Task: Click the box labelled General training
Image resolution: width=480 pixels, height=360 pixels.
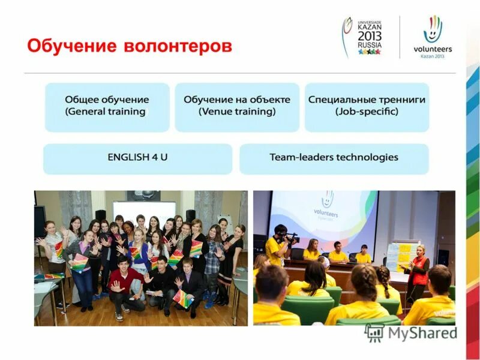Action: tap(107, 106)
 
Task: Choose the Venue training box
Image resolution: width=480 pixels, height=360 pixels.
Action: tap(237, 106)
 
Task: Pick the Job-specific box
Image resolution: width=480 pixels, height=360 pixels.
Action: tap(367, 106)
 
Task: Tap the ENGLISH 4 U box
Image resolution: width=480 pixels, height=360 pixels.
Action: tap(137, 158)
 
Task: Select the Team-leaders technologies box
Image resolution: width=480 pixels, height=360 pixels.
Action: tap(334, 158)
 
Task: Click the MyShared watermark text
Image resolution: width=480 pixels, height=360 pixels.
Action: tap(420, 333)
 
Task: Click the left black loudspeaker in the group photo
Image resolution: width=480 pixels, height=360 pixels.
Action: tap(100, 215)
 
